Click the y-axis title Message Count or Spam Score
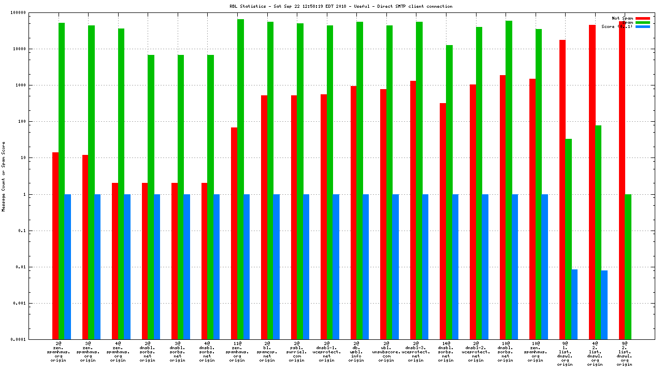(x=4, y=176)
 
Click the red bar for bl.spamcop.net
(x=264, y=217)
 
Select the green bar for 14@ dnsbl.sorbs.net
(x=449, y=192)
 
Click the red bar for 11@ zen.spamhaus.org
(x=234, y=233)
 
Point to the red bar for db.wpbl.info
(x=353, y=212)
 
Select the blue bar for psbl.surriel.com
(x=306, y=267)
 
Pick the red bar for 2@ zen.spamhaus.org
(x=55, y=246)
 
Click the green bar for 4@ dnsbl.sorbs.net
(x=210, y=197)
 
